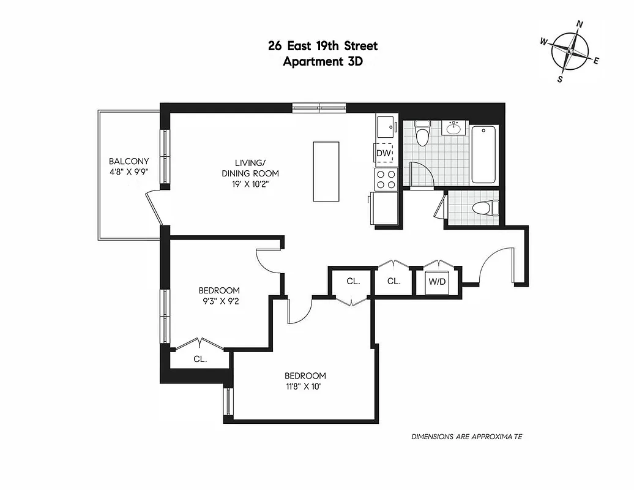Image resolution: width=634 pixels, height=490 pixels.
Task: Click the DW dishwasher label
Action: tap(384, 153)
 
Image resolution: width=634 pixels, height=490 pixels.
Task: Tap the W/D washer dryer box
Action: tap(438, 282)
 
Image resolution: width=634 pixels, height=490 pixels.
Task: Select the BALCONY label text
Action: tap(129, 162)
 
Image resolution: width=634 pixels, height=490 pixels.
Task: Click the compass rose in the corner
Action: tap(570, 51)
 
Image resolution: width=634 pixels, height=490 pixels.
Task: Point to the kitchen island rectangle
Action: tap(326, 171)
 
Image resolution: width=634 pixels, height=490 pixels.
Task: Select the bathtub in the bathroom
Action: tap(485, 154)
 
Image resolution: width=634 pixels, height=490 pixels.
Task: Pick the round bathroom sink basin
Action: tap(454, 128)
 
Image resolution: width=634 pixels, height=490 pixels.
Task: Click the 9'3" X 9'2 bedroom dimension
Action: tap(218, 300)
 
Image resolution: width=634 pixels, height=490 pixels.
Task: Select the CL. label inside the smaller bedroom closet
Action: tap(200, 360)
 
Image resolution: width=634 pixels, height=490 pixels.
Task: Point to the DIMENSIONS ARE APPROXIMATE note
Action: tap(466, 437)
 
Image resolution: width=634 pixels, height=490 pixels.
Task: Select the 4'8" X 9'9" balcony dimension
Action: tap(129, 172)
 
